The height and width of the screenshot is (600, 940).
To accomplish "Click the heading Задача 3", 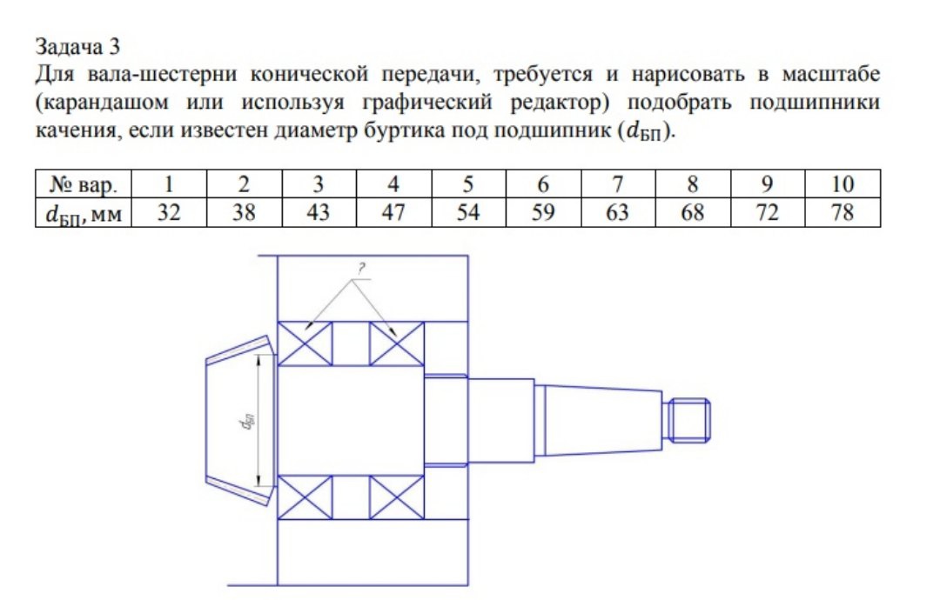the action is (77, 46).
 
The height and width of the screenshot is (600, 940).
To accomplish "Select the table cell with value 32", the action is (169, 212).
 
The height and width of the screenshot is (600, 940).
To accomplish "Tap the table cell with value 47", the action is (393, 212).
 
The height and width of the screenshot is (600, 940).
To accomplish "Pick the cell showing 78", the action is (843, 212).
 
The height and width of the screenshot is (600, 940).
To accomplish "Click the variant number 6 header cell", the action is (543, 183).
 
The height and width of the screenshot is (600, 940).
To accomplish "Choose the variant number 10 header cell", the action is (843, 183).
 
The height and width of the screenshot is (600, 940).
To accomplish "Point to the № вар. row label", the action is (84, 183).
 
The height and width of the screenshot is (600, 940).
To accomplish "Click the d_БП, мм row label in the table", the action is (84, 213).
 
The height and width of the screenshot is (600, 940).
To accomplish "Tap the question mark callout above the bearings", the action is (361, 269).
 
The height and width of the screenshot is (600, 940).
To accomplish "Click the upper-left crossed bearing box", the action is (305, 343).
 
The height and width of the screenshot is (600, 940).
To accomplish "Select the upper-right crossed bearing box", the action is (397, 343).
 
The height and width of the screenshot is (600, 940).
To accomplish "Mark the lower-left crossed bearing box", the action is (305, 497).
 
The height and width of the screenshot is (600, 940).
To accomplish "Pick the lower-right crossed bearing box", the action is (397, 497).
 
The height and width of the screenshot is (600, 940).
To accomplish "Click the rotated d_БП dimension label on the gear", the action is (246, 422).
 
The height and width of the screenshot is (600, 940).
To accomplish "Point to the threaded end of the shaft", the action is (689, 420).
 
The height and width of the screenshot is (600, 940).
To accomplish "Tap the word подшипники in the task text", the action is (815, 103).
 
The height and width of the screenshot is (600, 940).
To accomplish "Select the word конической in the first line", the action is (309, 74).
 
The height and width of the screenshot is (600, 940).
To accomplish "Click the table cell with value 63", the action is (618, 212).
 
